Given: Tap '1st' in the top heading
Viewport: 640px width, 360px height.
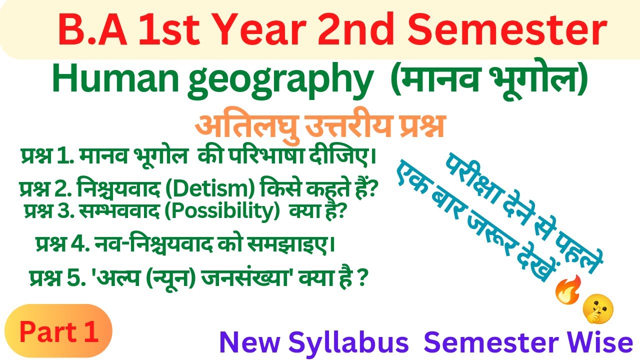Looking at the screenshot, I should click(x=164, y=30).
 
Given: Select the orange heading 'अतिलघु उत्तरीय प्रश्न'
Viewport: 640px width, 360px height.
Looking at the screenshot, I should click(x=320, y=125).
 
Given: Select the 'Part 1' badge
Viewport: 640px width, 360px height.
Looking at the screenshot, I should click(x=58, y=331).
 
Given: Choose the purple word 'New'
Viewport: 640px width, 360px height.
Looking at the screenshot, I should click(x=244, y=343).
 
